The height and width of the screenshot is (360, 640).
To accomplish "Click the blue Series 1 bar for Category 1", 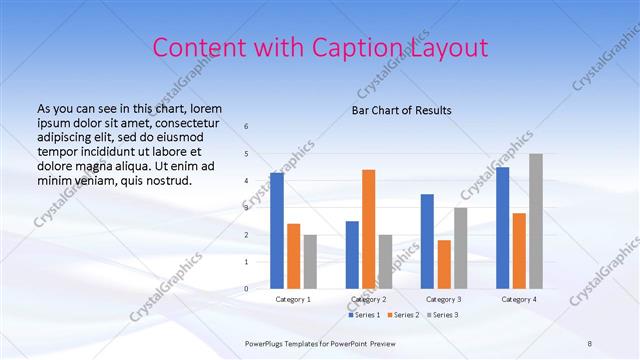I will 277,231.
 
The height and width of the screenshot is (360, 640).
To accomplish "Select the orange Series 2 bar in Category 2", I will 368,229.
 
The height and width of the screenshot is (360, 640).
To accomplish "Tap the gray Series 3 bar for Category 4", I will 536,221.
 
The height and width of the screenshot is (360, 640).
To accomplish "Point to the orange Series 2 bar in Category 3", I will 444,264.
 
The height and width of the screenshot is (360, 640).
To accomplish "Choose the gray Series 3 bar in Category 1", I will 310,262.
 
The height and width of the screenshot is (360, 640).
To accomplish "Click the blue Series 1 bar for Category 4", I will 502,228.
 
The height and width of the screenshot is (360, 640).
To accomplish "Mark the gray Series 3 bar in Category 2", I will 385,262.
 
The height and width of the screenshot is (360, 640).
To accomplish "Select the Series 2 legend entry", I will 403,315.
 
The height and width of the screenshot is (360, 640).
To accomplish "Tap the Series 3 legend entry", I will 441,315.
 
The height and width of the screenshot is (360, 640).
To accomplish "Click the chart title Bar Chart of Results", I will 401,110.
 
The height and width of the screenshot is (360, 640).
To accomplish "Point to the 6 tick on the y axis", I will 247,127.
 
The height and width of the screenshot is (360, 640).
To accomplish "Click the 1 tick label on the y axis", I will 247,262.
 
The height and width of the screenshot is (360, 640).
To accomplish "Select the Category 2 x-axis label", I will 369,299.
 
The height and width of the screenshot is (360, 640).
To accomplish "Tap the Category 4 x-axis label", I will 519,299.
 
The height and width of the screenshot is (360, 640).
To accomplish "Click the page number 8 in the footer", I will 590,343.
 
